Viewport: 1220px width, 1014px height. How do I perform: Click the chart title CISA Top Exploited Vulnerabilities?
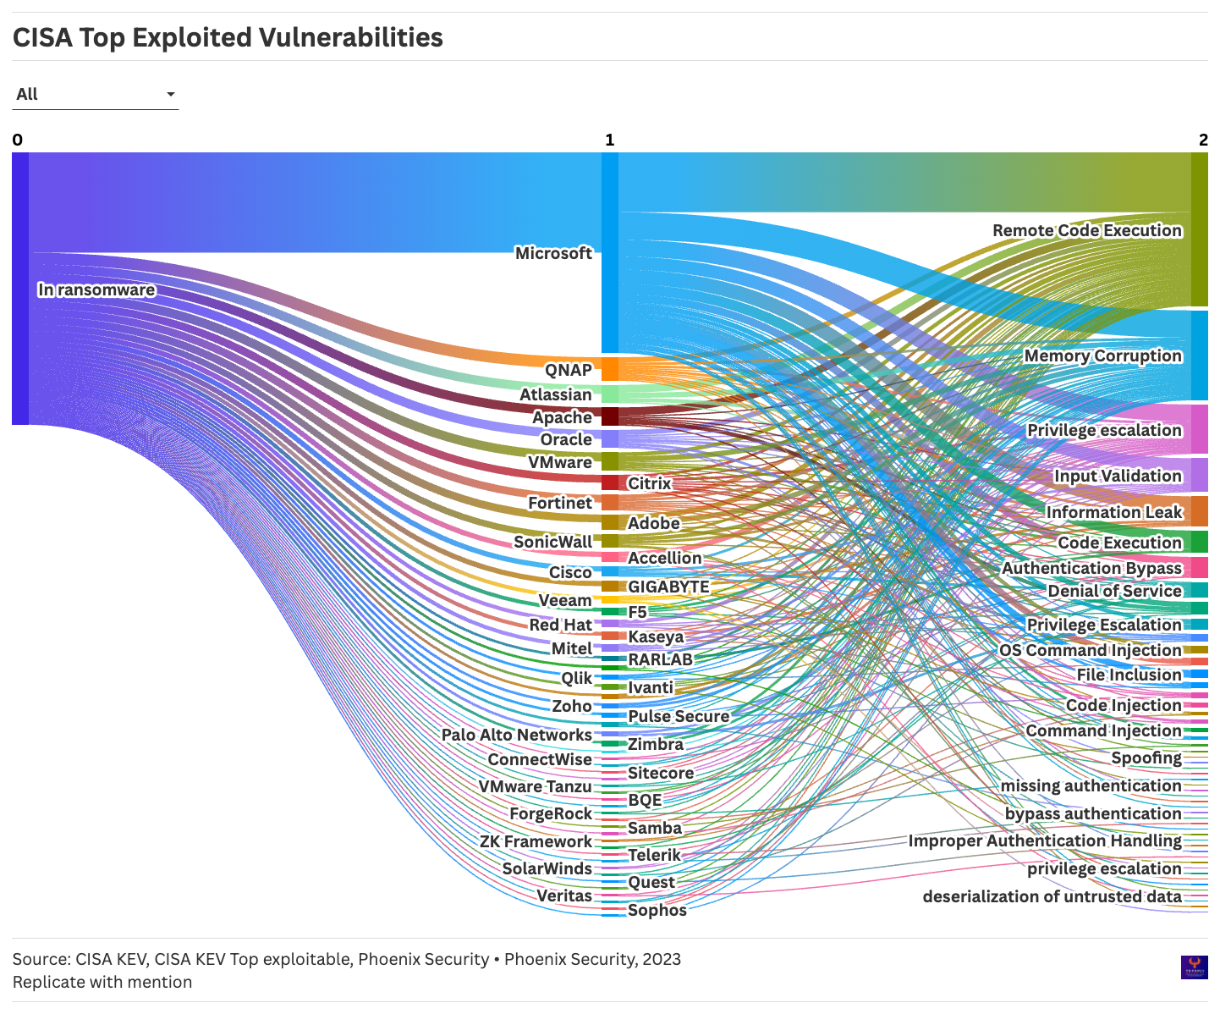(228, 38)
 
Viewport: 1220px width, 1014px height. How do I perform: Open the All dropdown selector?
(96, 94)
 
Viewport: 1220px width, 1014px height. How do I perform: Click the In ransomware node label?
(96, 290)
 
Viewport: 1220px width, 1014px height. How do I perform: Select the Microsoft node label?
(553, 253)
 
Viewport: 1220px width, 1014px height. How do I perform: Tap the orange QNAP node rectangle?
(609, 369)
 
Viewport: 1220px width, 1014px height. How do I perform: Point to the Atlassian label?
(555, 394)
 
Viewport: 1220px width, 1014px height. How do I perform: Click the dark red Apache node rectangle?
(609, 416)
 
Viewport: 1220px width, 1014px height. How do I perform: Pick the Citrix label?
(649, 483)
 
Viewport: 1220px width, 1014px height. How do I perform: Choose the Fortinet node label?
(559, 503)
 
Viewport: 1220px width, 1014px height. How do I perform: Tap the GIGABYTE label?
(668, 587)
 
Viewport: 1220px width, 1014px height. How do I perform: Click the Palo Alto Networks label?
(516, 735)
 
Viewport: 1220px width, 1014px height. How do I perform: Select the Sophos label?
(657, 911)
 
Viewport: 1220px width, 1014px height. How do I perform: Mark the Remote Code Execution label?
(1086, 230)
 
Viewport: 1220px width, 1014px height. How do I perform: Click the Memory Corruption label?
(1102, 355)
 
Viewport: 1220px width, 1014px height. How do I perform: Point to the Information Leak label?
(1113, 512)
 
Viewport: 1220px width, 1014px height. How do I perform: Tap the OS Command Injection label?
(1090, 650)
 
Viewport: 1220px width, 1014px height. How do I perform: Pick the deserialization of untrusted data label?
(1052, 896)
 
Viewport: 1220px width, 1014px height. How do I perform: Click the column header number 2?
(1203, 141)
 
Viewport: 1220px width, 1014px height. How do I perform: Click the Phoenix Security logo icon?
(1194, 967)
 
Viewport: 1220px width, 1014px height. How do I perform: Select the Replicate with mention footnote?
(102, 982)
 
